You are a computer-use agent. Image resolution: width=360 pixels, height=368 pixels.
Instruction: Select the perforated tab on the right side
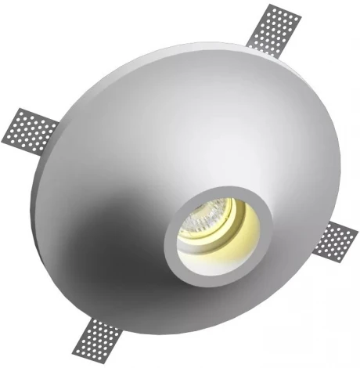pyautogui.click(x=334, y=240)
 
